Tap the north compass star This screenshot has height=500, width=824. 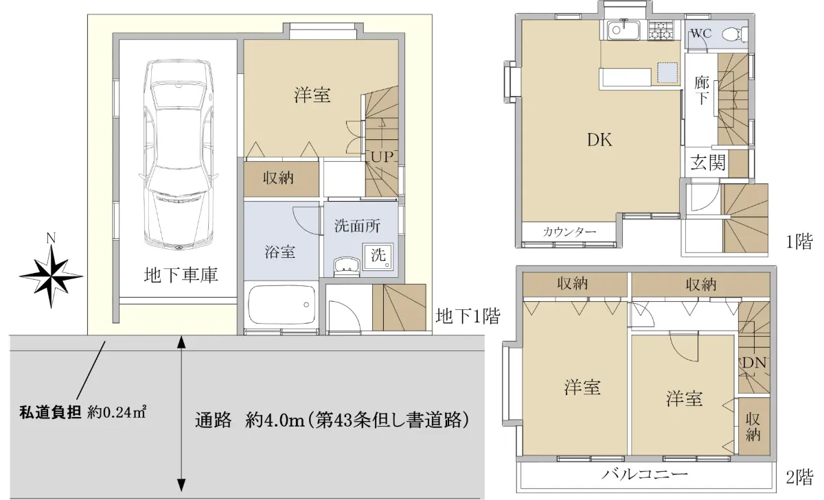(x=51, y=276)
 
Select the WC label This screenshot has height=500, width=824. (x=701, y=34)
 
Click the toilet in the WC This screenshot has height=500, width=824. (x=735, y=34)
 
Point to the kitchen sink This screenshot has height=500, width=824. (x=623, y=29)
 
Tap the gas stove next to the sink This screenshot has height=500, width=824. (x=661, y=29)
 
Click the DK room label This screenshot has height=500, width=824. (x=599, y=140)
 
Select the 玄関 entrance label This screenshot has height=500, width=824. (x=708, y=163)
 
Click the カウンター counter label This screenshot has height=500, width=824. (x=569, y=232)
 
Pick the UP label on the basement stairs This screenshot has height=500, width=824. (x=382, y=157)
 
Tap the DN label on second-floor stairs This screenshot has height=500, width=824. (x=754, y=363)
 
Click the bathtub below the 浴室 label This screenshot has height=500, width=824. (x=282, y=305)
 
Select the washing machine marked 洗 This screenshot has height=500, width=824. (x=378, y=255)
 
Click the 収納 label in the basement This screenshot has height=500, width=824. (x=278, y=178)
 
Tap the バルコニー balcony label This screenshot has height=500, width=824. (x=645, y=475)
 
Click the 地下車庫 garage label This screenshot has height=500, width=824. (x=181, y=275)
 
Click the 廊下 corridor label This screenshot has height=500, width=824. (x=702, y=91)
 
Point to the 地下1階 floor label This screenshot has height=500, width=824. (x=468, y=316)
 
